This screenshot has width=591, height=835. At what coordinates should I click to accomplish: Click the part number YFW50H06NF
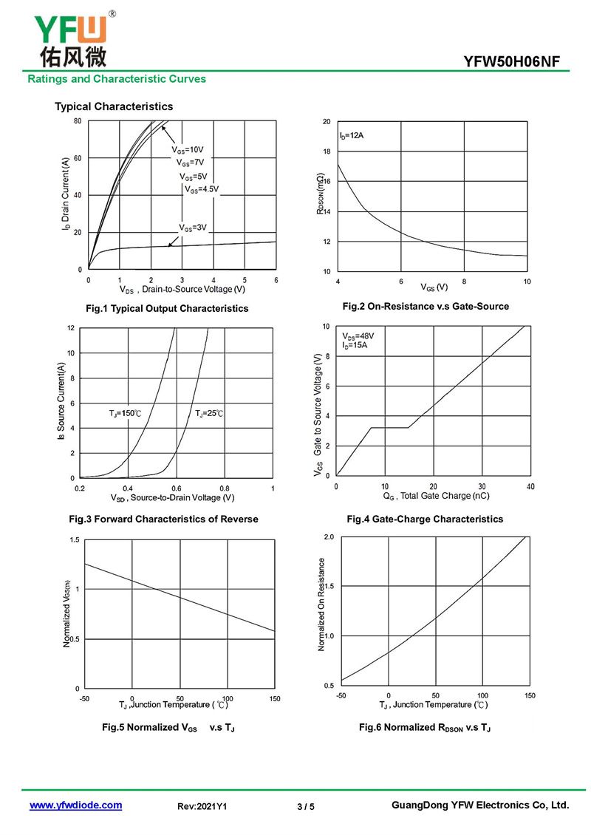coord(517,61)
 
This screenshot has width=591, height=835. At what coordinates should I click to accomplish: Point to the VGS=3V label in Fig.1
coord(193,227)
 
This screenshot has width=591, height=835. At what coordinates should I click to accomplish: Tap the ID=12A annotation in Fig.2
coord(352,136)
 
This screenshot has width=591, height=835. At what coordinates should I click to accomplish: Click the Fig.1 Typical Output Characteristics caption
coord(167,308)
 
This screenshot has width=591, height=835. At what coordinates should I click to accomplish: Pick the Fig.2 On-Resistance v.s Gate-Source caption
coord(426,306)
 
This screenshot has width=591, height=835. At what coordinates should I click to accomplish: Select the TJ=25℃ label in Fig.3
coord(209,413)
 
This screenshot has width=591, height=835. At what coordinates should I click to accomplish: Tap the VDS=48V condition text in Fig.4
coord(358,336)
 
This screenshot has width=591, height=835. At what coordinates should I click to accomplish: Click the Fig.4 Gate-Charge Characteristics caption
coord(425,519)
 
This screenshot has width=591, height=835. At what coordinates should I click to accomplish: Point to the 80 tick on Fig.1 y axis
coord(78,120)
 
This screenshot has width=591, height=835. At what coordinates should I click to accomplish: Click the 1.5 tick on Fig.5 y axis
coord(75,540)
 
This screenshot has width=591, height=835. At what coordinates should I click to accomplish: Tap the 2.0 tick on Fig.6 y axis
coord(329,536)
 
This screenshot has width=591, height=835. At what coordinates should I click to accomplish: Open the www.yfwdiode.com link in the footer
coord(75,805)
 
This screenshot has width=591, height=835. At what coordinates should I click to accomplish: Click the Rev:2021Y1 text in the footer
coord(202,806)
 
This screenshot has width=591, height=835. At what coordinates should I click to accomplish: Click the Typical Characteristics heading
coord(114,106)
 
